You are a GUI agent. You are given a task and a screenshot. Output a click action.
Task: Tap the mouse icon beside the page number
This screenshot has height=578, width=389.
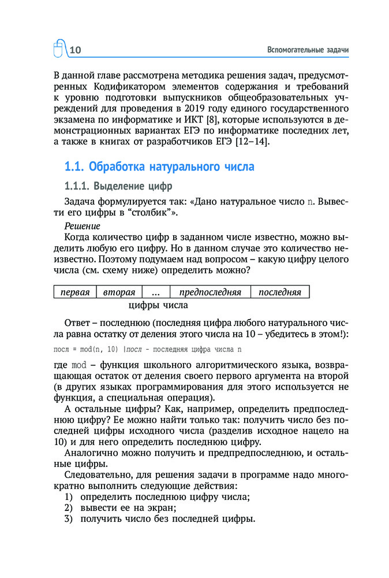(x=59, y=50)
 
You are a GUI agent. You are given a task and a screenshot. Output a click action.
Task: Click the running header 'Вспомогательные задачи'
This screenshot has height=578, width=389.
(x=309, y=50)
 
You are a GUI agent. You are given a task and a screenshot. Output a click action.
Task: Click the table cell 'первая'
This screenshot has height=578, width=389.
(x=75, y=292)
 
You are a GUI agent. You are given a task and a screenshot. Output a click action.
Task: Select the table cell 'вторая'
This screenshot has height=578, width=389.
(x=119, y=292)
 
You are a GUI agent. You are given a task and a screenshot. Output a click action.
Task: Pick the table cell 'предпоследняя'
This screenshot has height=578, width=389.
(x=210, y=292)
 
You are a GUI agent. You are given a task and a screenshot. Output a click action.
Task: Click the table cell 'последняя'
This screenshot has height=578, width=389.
(x=280, y=292)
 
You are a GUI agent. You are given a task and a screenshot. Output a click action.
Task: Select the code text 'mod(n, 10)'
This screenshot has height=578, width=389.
(x=98, y=350)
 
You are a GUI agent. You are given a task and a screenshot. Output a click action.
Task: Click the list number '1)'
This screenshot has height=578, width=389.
(x=68, y=497)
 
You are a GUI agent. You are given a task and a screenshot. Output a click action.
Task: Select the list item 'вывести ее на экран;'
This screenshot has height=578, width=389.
(x=128, y=507)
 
